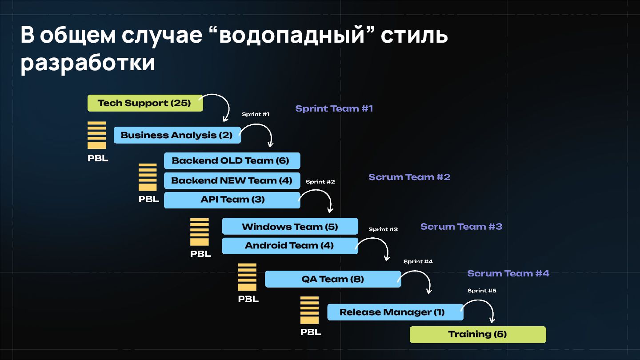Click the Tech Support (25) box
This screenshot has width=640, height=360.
[x=145, y=103]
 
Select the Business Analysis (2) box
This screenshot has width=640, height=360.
[x=177, y=135]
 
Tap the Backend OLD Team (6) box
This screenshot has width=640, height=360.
[x=232, y=161]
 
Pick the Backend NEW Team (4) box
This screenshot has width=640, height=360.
[x=232, y=180]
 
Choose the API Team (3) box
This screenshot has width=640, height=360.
[x=232, y=200]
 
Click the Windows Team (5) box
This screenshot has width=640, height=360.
[x=290, y=227]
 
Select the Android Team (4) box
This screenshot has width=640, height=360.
[x=290, y=246]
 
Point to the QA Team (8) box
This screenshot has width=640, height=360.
[x=332, y=279]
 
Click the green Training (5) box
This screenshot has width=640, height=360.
[x=477, y=334]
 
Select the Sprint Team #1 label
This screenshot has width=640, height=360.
[x=334, y=108]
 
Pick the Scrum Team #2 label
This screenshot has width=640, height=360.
[x=409, y=177]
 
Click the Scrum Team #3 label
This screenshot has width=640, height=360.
[x=461, y=226]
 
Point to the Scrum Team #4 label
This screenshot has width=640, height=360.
[x=508, y=273]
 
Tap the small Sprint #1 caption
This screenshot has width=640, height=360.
[x=256, y=114]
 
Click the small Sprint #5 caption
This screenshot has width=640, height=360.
[x=482, y=291]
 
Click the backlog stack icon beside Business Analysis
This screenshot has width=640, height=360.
[x=97, y=135]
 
